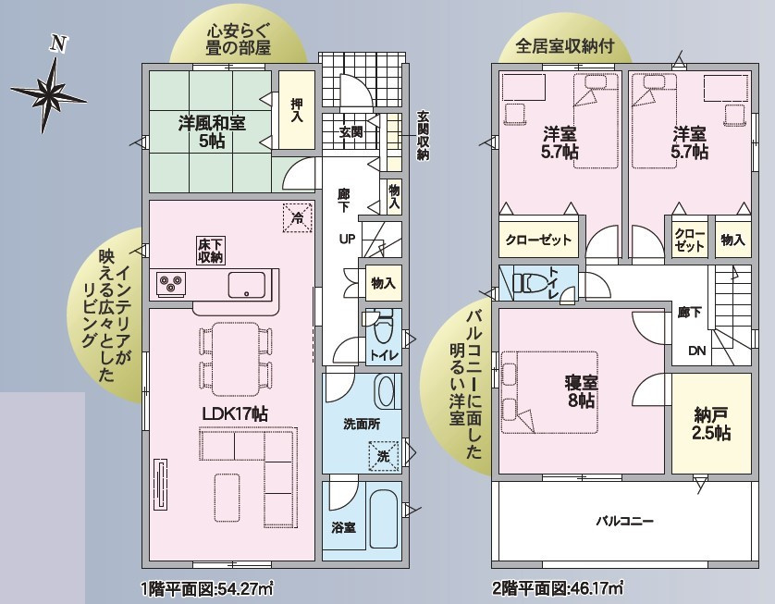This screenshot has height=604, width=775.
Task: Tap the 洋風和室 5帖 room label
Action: (x=212, y=132)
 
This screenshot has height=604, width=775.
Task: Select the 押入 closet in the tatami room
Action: (x=297, y=110)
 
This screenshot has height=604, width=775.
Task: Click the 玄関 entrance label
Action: (x=351, y=132)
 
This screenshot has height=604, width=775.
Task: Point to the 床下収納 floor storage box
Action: (x=211, y=250)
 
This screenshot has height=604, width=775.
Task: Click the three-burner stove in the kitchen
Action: (x=171, y=284)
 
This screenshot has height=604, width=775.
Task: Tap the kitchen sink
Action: (x=246, y=285)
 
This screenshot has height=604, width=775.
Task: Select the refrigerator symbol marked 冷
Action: (x=298, y=218)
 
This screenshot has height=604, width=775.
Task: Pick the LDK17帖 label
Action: (x=235, y=413)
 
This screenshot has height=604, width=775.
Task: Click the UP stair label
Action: (x=347, y=239)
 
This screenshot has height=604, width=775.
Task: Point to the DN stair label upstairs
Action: (x=697, y=351)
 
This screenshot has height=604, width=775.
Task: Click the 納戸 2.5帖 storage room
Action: (x=711, y=424)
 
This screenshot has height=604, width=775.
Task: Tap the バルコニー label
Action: (x=625, y=521)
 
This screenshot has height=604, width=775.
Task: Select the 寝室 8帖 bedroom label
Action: (x=581, y=391)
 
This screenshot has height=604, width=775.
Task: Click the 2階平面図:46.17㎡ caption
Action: (x=558, y=588)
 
